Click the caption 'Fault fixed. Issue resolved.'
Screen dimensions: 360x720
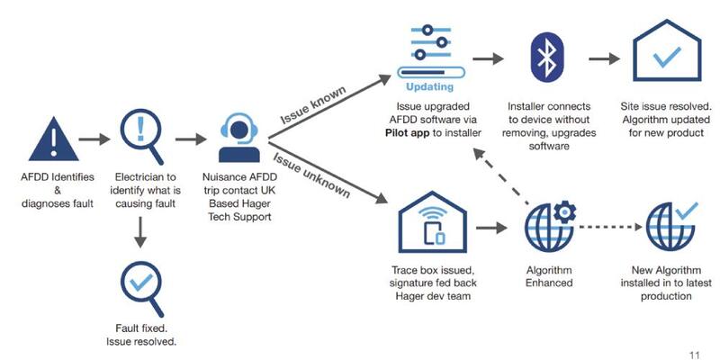(x=140, y=336)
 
